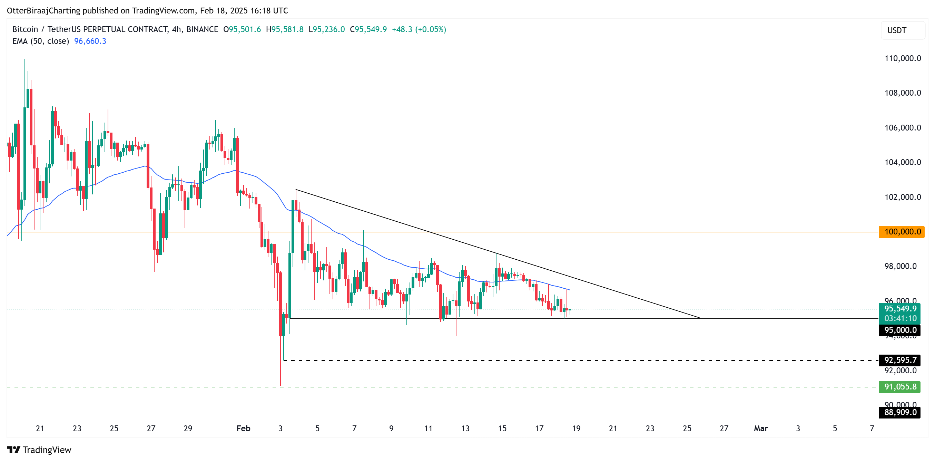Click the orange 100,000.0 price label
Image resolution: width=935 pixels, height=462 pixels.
(x=902, y=232)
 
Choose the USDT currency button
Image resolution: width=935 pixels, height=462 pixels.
(x=897, y=30)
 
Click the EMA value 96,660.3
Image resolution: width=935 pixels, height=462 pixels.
(x=90, y=41)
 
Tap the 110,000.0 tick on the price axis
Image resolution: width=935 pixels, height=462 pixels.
(x=902, y=58)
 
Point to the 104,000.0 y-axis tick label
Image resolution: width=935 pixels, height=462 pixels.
(x=902, y=162)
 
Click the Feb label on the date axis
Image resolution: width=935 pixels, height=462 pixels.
(x=243, y=429)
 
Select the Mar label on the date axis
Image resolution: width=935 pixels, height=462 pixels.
(x=761, y=429)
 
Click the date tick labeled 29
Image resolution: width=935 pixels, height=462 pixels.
(x=188, y=429)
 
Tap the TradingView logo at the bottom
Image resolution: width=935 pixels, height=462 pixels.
(x=39, y=450)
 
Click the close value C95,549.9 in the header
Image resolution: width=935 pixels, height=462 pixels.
(x=368, y=29)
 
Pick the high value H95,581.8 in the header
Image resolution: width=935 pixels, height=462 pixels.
(x=285, y=29)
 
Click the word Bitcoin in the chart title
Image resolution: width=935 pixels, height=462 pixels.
(x=25, y=29)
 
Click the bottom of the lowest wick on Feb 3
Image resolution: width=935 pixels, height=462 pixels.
(x=280, y=385)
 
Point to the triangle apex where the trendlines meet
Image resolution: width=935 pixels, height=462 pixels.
(x=699, y=318)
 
